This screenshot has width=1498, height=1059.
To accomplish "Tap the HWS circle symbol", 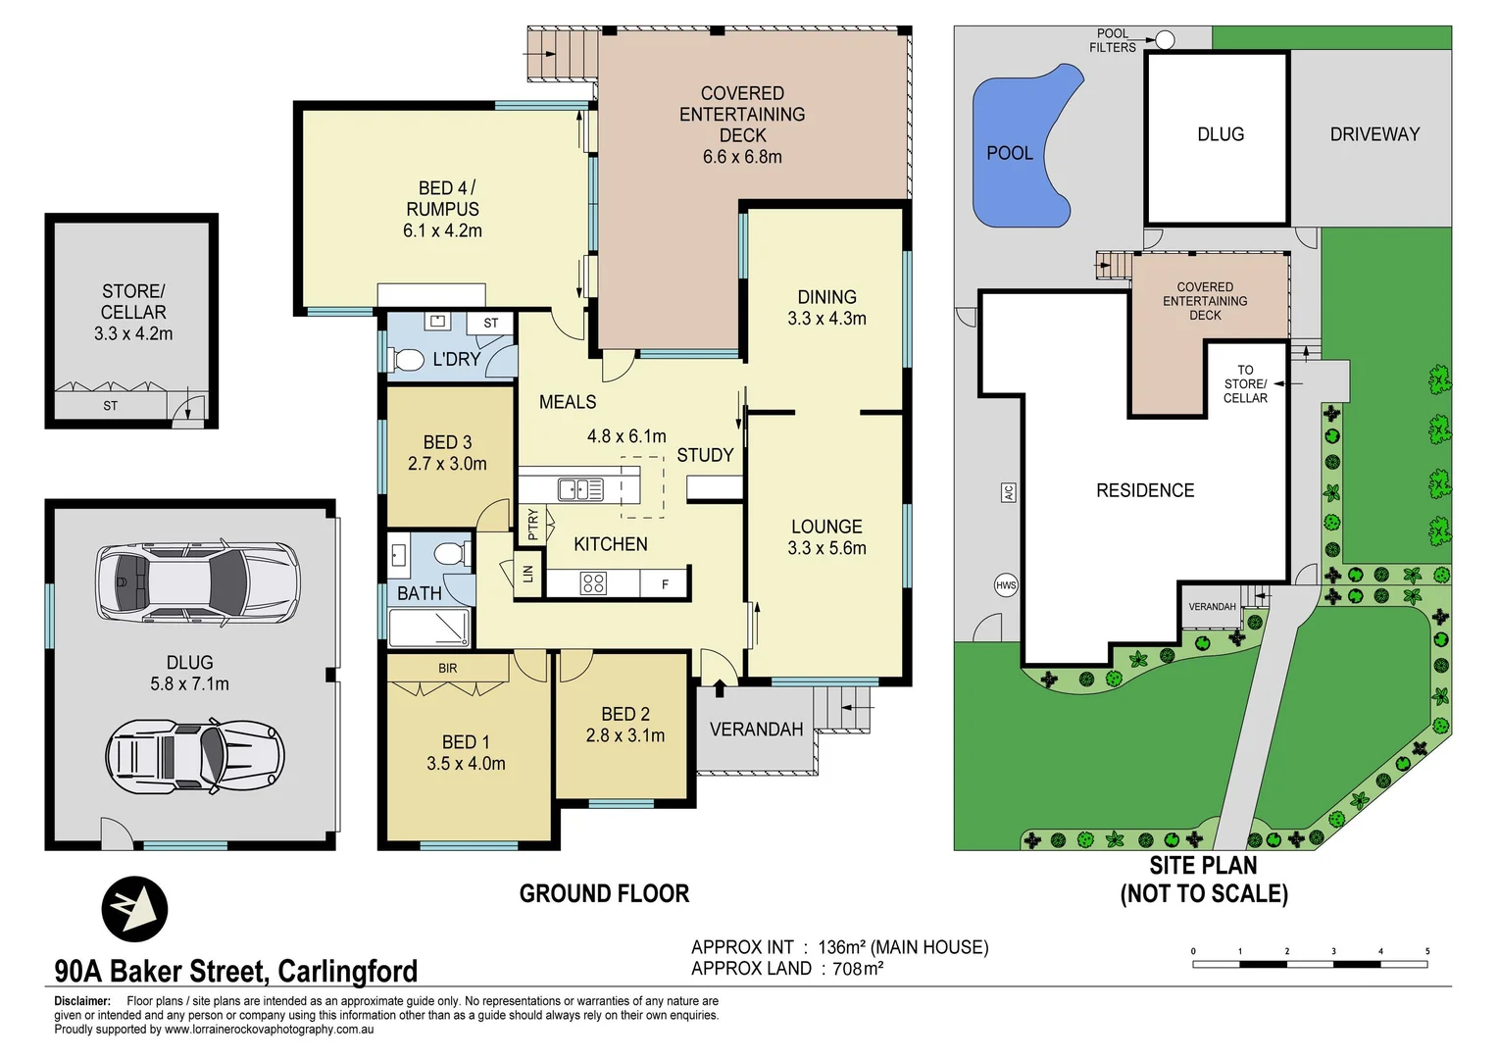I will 1006,585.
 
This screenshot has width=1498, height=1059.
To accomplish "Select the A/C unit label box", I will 1008,492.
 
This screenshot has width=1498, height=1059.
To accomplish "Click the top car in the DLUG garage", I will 197,582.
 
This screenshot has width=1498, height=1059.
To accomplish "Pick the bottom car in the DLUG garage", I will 195,757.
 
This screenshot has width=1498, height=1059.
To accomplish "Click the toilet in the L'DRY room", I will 406,360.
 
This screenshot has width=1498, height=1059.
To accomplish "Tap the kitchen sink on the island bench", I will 580,488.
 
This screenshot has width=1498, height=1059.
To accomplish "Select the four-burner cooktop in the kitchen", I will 593,584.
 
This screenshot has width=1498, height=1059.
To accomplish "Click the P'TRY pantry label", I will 532,525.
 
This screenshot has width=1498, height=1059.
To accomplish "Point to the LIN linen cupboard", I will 527,574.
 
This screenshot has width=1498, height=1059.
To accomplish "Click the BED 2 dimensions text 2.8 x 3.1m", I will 625,735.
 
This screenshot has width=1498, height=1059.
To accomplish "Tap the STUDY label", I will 705,455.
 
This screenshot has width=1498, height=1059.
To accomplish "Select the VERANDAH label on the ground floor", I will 756,730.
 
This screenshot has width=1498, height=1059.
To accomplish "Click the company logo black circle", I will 134,909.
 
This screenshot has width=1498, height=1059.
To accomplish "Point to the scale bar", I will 1310,964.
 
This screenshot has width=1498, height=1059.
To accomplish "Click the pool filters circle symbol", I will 1165,40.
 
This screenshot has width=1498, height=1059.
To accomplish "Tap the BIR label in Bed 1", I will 447,669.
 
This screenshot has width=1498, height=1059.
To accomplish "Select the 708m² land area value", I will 858,969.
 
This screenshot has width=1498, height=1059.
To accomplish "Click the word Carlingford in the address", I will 347,971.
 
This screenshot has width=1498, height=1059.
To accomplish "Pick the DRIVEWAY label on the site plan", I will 1374,134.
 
